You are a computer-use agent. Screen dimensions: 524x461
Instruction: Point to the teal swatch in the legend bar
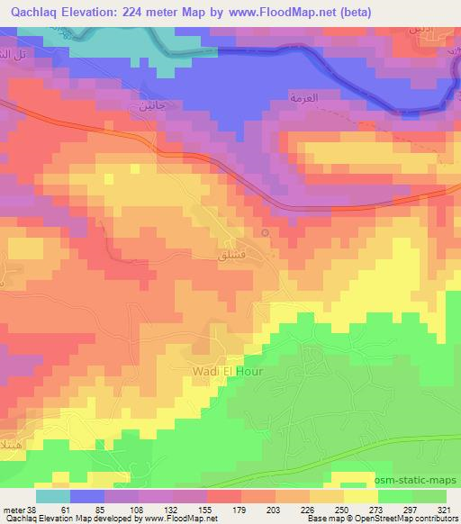click(x=53, y=495)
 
